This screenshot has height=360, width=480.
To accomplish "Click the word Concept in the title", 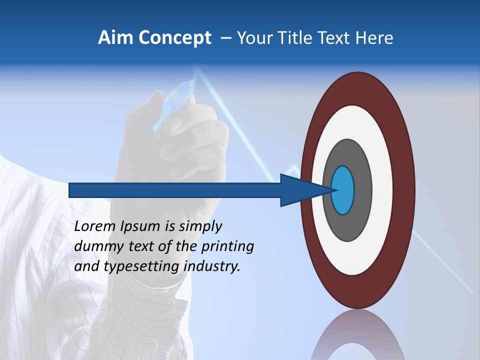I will [x=174, y=38].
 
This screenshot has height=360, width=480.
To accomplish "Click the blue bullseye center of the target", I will [x=343, y=190].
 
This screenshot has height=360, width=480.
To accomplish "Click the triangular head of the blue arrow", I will [x=300, y=190].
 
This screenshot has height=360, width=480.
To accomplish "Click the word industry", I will [x=212, y=266].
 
